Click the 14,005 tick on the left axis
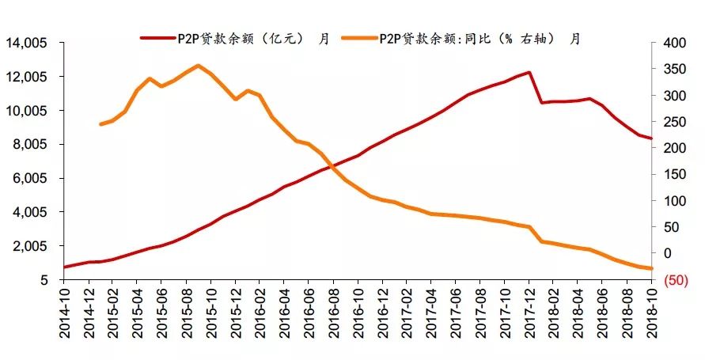(25, 43)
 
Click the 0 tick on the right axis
(669, 253)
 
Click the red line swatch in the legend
(157, 38)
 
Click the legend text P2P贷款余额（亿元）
(241, 38)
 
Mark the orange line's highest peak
(197, 66)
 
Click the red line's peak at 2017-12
(529, 73)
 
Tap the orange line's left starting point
(100, 124)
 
